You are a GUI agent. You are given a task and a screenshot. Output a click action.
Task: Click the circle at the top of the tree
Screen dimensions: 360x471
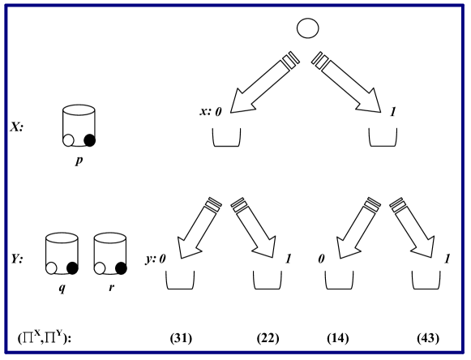[307, 28]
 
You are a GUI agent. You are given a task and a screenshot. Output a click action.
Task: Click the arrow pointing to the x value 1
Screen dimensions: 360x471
[349, 80]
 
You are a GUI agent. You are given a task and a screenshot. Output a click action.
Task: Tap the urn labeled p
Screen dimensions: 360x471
[79, 125]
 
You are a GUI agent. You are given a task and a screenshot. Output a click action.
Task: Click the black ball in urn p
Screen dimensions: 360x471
[89, 140]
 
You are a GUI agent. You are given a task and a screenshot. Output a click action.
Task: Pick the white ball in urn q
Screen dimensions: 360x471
[53, 268]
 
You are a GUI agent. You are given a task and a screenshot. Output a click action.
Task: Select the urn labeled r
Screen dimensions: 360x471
[111, 254]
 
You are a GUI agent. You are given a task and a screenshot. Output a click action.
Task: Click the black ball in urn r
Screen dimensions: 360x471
[121, 268]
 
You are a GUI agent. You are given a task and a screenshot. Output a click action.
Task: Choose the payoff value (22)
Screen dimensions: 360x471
[268, 336]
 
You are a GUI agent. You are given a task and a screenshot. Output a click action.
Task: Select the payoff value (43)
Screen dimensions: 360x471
[427, 336]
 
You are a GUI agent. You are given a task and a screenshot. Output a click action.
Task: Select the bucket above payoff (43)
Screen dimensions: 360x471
[427, 280]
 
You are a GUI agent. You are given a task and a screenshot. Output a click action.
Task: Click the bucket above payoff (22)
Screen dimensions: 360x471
[269, 280]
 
